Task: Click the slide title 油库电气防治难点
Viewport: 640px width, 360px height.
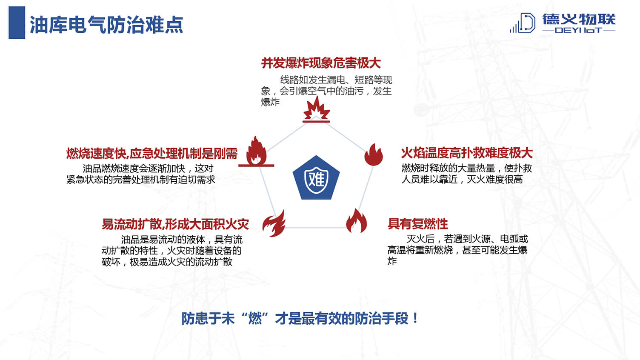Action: tap(106, 25)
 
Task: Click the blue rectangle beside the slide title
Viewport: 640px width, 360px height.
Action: tap(17, 23)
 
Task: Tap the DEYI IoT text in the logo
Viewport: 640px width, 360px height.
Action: tap(578, 30)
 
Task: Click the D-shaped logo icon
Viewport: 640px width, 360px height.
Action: tap(523, 23)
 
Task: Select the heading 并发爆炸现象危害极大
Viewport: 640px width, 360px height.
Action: tap(321, 63)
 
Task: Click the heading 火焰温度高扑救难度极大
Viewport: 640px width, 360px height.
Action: tap(467, 153)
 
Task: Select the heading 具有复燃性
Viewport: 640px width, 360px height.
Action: tap(418, 224)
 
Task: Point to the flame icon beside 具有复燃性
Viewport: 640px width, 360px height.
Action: tap(356, 220)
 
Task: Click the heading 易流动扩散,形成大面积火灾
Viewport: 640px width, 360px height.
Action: tap(175, 224)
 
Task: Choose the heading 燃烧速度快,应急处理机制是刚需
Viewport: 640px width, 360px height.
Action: tap(152, 154)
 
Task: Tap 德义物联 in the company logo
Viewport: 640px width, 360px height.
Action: tap(579, 19)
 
